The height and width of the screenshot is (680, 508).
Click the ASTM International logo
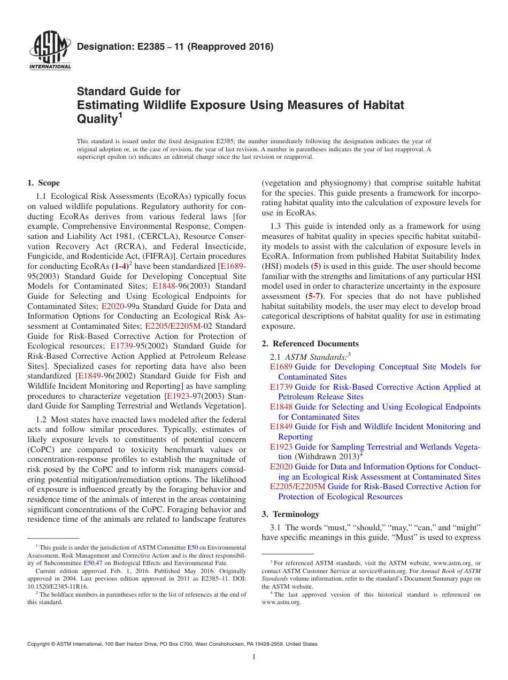(49, 51)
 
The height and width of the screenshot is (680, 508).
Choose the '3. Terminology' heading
(290, 514)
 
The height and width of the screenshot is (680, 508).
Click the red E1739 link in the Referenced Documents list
(281, 387)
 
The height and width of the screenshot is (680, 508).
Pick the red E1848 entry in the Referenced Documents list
(281, 407)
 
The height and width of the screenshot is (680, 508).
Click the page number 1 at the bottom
(254, 657)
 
